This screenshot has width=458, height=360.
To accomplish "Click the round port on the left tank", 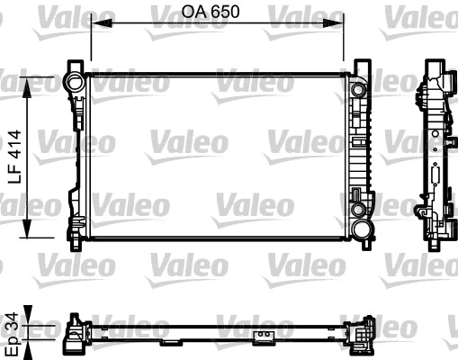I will pyautogui.click(x=74, y=83).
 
